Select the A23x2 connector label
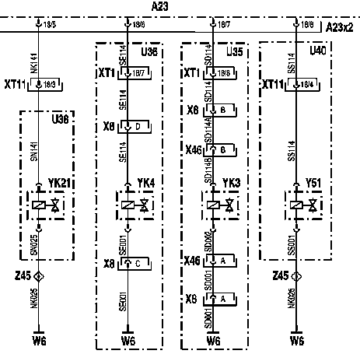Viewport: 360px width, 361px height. click(340, 27)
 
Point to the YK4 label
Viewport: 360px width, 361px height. click(145, 184)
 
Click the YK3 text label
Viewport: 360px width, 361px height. click(231, 184)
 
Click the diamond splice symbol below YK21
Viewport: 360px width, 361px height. click(40, 276)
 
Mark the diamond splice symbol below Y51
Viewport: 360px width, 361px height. click(296, 276)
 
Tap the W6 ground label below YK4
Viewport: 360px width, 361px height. click(129, 341)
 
